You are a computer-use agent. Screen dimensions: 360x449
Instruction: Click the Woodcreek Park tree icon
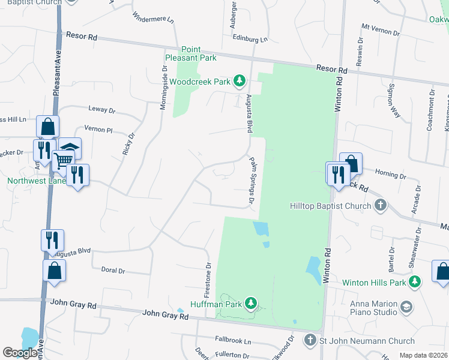[x=240, y=80]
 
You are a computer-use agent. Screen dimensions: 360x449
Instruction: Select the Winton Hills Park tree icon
[x=414, y=282]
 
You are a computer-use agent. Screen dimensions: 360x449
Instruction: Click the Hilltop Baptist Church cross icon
[x=379, y=206]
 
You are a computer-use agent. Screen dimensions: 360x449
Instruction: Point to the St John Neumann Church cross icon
[x=310, y=341]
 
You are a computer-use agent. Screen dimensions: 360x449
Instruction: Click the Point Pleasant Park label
[x=191, y=53]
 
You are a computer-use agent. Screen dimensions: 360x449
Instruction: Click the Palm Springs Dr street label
[x=252, y=179]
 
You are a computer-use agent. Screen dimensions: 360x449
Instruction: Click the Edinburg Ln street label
[x=250, y=38]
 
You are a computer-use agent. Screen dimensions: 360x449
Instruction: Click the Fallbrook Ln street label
[x=233, y=341]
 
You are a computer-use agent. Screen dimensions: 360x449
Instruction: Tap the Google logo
[x=20, y=353]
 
